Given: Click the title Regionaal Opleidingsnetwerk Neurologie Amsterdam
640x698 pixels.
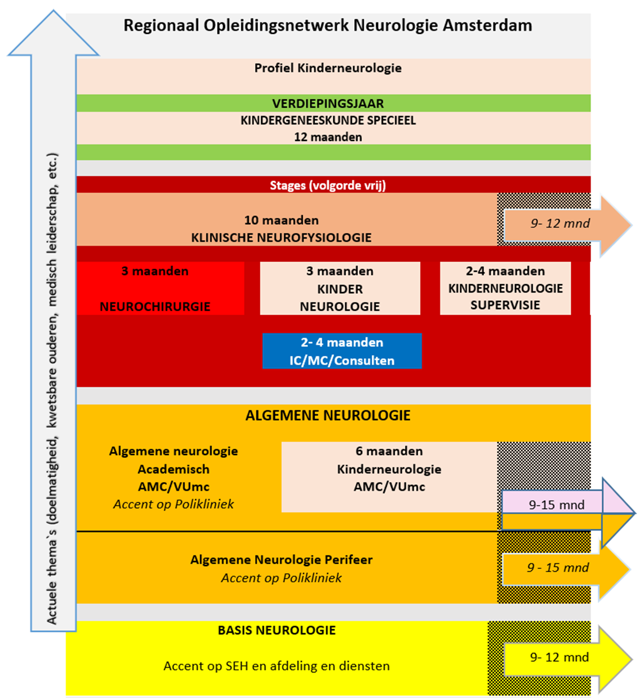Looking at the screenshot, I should pos(328,25).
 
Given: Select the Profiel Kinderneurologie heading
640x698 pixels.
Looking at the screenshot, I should pos(328,68).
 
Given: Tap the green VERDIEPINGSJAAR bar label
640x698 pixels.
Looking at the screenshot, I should pos(328,103).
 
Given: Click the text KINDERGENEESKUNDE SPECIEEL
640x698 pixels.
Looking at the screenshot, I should pos(328,120).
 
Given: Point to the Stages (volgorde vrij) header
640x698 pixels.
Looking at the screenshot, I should pos(328,185).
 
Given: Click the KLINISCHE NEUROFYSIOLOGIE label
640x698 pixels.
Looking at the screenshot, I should pos(281,237).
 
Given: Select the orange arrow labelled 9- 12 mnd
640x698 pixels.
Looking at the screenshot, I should pos(564,224).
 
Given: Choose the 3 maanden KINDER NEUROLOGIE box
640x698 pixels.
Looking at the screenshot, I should pos(339,288).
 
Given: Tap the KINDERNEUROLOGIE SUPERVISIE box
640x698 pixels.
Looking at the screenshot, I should pos(505,288).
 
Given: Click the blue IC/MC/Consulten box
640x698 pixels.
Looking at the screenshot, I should pos(342,351).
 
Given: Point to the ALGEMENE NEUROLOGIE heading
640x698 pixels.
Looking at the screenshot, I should pos(328,416).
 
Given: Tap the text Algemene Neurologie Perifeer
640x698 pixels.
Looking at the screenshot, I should pos(281,560).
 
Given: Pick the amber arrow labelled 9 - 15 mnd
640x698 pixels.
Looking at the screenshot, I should pos(561,568).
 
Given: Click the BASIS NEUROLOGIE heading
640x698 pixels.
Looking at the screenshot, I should pos(276,630).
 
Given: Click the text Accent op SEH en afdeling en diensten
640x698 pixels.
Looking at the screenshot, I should pos(276,666).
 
